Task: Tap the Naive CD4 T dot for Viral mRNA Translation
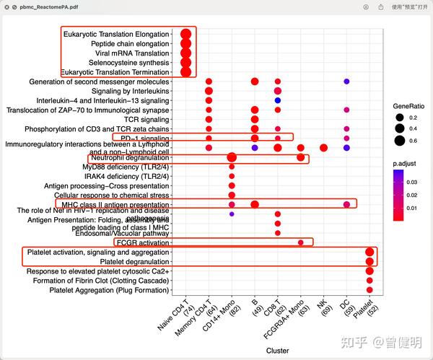[x=185, y=53]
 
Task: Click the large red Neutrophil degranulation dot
[x=232, y=157]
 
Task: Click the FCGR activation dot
[x=301, y=242]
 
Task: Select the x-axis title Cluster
[x=277, y=349]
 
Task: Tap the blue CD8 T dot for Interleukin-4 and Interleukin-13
[x=278, y=100]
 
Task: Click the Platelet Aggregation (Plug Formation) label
[x=109, y=290]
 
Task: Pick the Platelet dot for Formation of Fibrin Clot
[x=369, y=281]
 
